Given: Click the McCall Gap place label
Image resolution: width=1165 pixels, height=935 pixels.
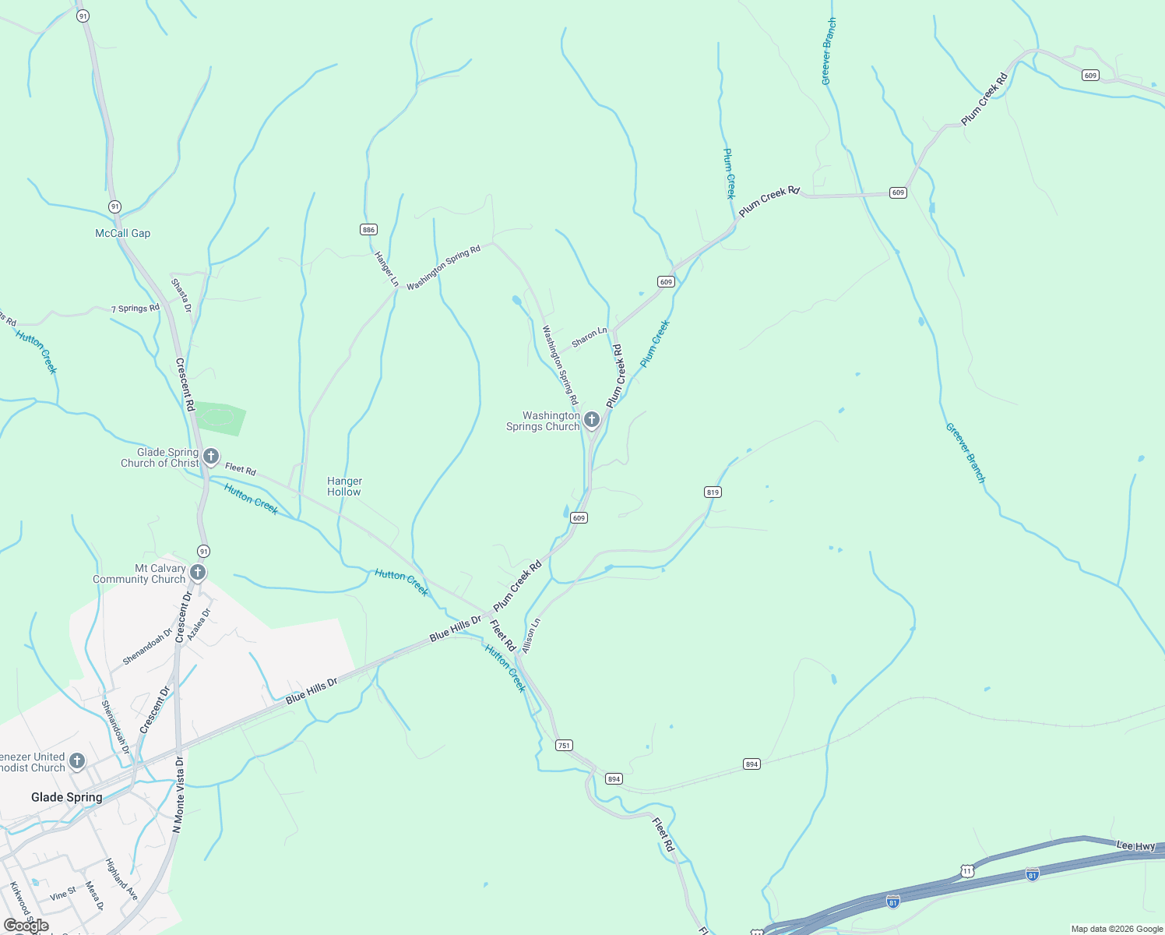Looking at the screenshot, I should [122, 233].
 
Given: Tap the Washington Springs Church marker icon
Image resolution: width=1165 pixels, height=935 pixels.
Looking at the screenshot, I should [592, 421].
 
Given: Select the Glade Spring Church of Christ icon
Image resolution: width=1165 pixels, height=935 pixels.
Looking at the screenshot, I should [211, 457].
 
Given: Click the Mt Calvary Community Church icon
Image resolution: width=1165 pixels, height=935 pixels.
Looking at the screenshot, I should [198, 573].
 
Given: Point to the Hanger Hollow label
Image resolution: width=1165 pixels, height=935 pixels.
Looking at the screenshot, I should [344, 487].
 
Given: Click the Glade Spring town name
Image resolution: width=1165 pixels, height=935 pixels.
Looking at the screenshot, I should [67, 797].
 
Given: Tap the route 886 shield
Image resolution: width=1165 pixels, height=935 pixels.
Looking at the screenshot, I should [368, 229].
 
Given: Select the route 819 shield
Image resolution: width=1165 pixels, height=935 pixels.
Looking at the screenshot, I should [713, 492].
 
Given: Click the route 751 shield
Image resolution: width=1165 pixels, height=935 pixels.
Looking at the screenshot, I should [564, 746].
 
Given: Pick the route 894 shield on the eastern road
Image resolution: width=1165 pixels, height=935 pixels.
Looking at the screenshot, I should [751, 764].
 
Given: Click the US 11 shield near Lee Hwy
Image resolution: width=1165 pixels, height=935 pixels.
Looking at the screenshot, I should [967, 870].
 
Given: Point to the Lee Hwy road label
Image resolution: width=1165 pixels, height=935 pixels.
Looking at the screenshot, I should [1135, 846].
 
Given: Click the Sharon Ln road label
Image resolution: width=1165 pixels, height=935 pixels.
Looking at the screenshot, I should [589, 337].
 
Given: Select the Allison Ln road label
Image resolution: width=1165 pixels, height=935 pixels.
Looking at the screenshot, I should [531, 636].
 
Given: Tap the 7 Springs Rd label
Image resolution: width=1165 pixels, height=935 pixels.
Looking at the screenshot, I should [136, 309].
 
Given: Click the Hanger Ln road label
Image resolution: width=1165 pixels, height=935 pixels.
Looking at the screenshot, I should [386, 269].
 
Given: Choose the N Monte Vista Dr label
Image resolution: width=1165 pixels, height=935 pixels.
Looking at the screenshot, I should [179, 795].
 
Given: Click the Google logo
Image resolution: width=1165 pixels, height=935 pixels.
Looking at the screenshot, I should [26, 925].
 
